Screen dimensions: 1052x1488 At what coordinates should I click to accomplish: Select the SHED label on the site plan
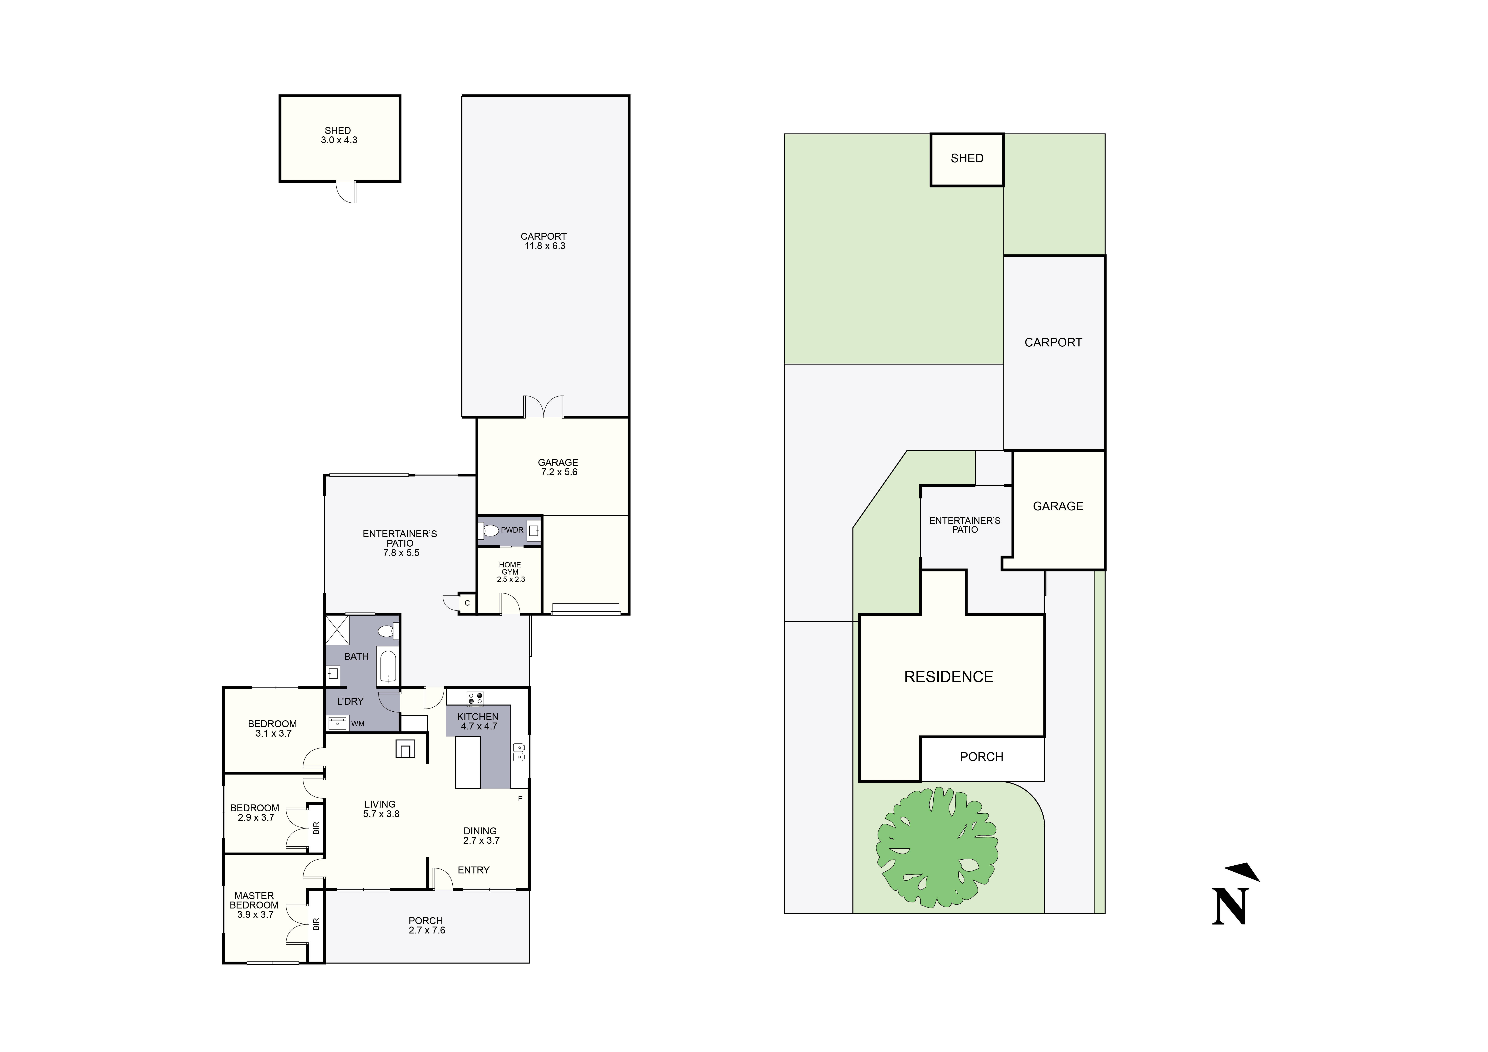point(967,158)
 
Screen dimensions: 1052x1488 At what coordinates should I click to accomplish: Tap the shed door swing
point(347,192)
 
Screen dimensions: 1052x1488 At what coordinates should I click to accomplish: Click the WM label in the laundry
point(358,723)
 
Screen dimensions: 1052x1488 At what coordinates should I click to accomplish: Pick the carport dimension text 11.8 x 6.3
point(544,246)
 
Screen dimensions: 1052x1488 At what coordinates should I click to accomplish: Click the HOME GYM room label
point(510,569)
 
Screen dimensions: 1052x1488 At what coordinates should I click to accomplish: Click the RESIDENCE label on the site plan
point(948,677)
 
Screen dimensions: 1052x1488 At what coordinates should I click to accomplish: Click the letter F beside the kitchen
point(520,799)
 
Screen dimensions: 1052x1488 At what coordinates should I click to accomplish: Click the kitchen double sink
point(518,752)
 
